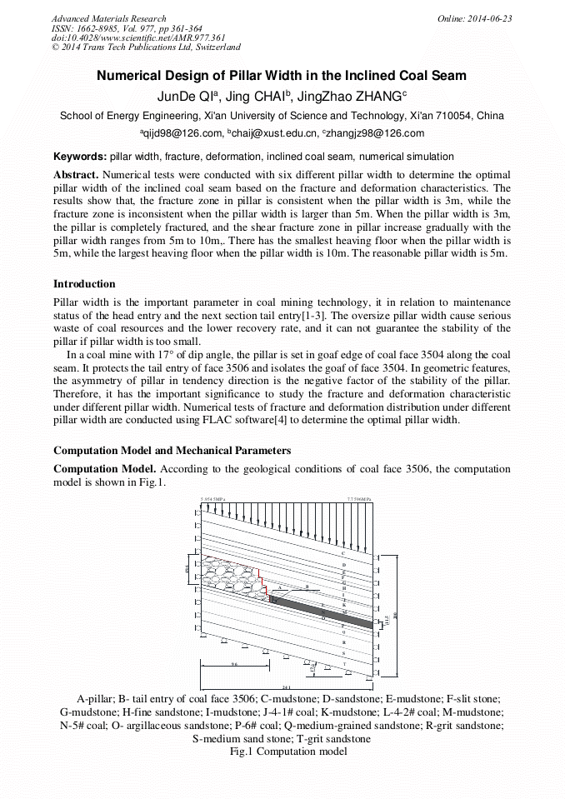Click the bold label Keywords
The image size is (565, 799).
click(x=80, y=157)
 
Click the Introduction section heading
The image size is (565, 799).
click(x=84, y=284)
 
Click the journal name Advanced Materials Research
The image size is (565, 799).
click(x=108, y=18)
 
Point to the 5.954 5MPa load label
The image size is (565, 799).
click(x=213, y=500)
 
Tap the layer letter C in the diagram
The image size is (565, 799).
click(x=343, y=553)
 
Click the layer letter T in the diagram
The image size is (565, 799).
click(x=343, y=664)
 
